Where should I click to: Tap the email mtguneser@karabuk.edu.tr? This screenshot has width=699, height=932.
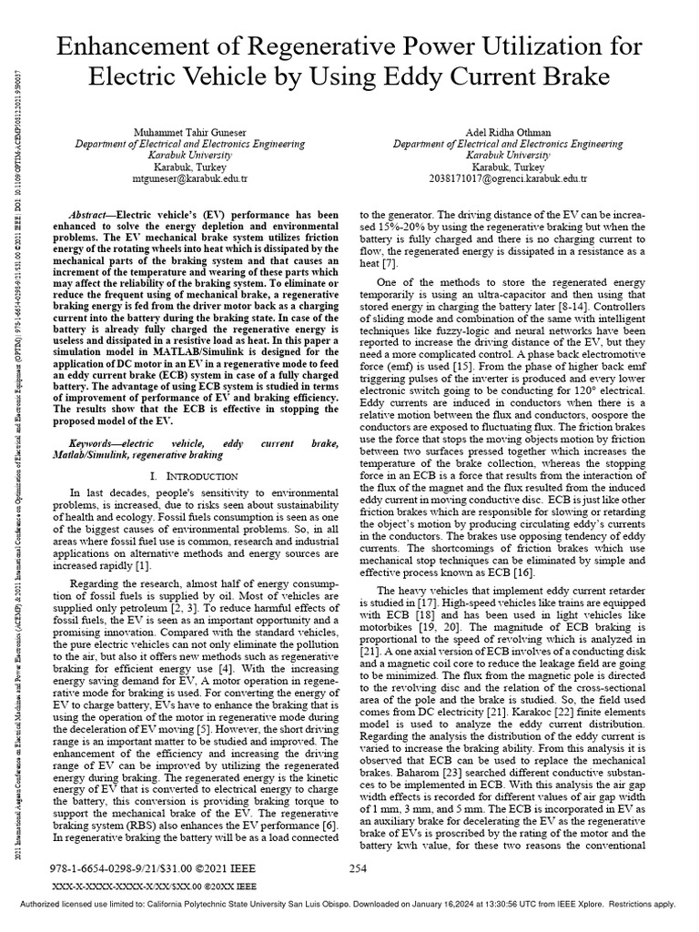tap(189, 180)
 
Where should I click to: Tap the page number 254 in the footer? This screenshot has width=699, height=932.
tap(358, 869)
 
